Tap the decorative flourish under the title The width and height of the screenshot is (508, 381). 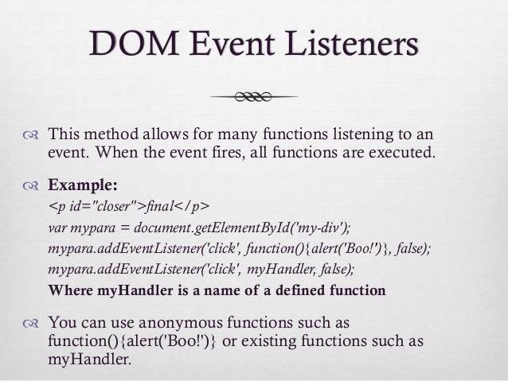[x=253, y=96]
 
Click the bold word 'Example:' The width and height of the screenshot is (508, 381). [x=84, y=188]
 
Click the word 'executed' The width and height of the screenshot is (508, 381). [x=404, y=152]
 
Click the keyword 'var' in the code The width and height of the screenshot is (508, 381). [x=57, y=229]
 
